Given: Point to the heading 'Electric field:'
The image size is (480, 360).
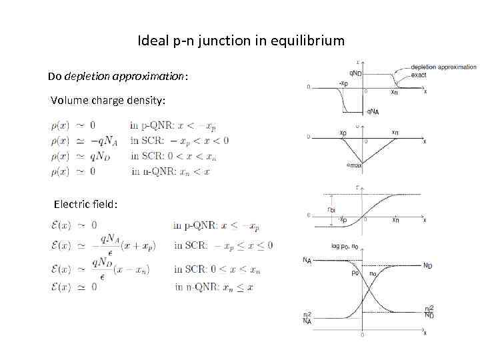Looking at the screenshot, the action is pyautogui.click(x=86, y=204).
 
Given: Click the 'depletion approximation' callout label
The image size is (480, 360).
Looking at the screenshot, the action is pyautogui.click(x=444, y=67).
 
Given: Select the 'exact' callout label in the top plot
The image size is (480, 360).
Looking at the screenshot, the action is pyautogui.click(x=419, y=75).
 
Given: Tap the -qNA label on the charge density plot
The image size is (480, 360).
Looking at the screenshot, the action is pyautogui.click(x=373, y=111).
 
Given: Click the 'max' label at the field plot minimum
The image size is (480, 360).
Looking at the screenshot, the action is pyautogui.click(x=357, y=165).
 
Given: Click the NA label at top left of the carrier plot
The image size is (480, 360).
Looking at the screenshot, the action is pyautogui.click(x=307, y=261).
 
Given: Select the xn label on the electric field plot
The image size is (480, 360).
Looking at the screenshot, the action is pyautogui.click(x=395, y=133).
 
